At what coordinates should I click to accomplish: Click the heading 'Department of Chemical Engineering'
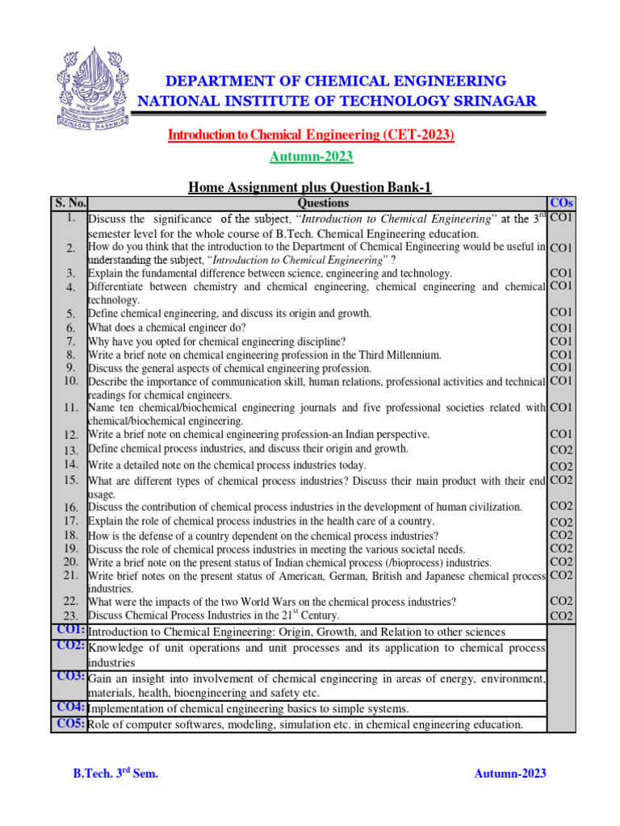point(337,81)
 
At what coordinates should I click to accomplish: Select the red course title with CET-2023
point(311,135)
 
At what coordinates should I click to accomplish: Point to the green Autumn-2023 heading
point(311,156)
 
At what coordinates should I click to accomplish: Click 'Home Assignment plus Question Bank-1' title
point(311,187)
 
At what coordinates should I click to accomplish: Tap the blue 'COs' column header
point(561,203)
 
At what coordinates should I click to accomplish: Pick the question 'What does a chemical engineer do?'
point(166,327)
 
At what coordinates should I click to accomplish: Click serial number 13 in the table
point(71,450)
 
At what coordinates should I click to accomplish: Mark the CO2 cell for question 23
point(561,616)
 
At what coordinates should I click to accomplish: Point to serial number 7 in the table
point(71,341)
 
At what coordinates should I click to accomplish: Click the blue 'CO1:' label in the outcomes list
point(71,630)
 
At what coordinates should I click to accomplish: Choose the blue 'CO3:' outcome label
point(71,676)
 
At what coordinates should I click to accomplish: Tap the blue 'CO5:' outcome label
point(71,724)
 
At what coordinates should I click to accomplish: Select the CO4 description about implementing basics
point(248,709)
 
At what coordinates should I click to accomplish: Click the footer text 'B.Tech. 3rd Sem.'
point(115,774)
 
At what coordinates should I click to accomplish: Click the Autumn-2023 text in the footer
point(509,774)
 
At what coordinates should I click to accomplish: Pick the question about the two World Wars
point(272,602)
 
